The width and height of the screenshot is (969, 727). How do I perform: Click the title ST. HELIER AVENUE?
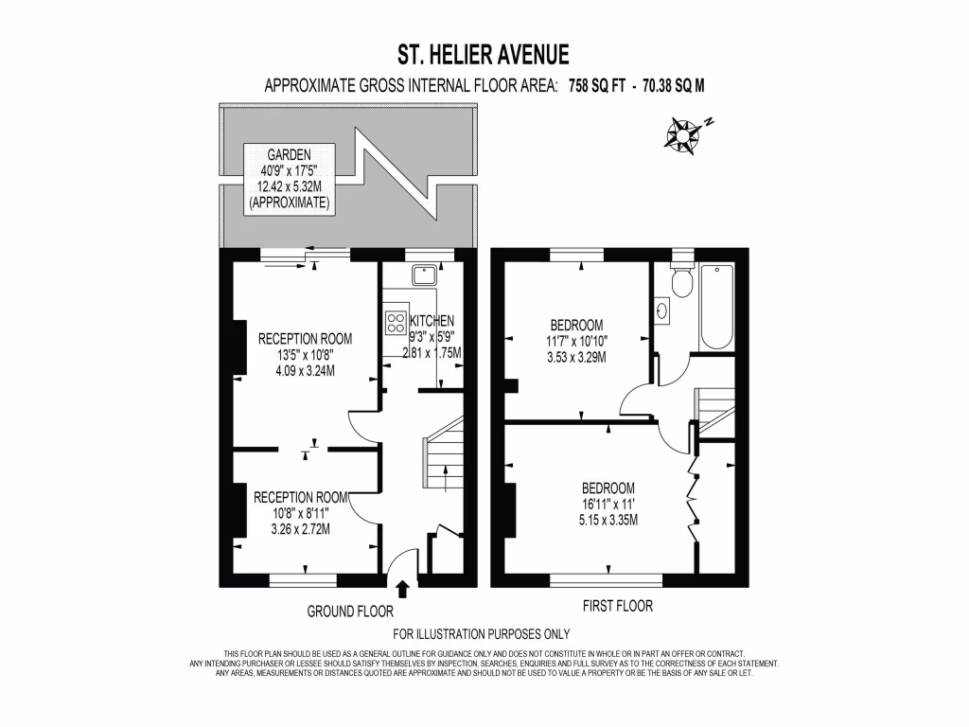click(x=484, y=53)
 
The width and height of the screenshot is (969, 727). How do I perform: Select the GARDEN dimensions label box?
click(x=290, y=178)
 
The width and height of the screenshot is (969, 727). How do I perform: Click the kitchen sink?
click(x=423, y=275)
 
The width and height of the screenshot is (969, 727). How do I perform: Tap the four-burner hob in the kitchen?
click(x=395, y=322)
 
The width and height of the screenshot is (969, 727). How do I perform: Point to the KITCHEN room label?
click(x=432, y=321)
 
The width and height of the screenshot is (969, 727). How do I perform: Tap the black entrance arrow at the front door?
click(x=402, y=590)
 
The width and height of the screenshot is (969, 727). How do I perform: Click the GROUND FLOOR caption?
click(x=350, y=612)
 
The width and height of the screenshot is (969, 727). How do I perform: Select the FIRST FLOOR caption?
click(x=616, y=606)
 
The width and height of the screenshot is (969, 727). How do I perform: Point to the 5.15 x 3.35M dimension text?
click(x=608, y=519)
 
